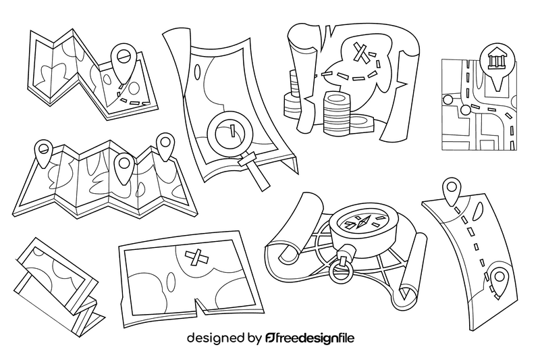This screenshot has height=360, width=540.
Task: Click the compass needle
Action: click(x=363, y=220)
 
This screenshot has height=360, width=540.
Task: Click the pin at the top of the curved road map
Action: click(x=450, y=190)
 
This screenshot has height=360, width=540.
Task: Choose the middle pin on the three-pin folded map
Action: click(x=123, y=164)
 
